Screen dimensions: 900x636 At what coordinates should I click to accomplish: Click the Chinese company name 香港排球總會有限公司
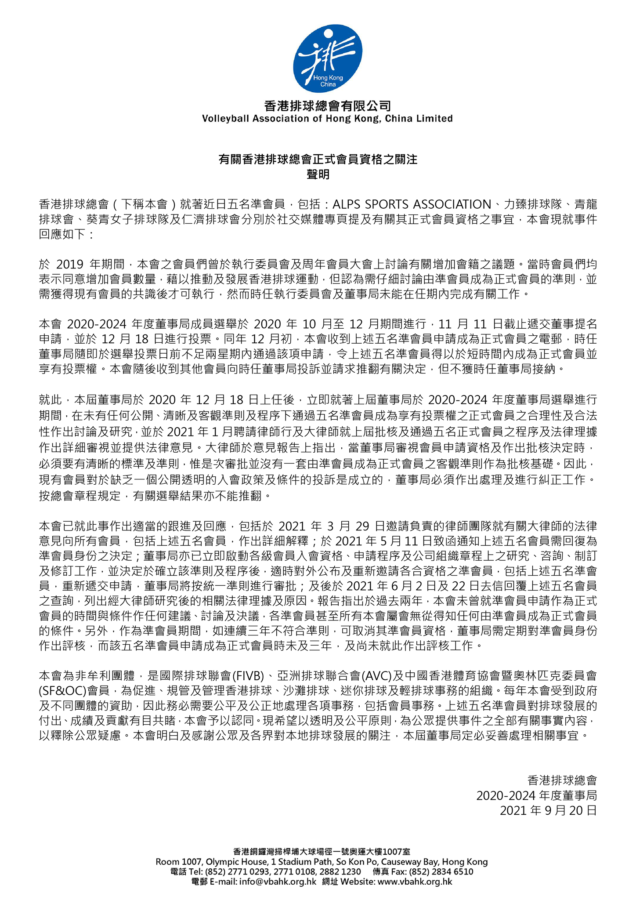(327, 105)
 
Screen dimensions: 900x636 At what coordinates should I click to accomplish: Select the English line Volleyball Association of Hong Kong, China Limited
(327, 119)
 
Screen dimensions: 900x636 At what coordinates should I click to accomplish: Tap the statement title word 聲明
(318, 174)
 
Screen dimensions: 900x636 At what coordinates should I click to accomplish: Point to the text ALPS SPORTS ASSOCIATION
(412, 204)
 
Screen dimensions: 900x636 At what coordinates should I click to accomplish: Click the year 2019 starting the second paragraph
(70, 264)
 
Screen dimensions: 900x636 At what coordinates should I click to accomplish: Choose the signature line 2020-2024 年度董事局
(536, 795)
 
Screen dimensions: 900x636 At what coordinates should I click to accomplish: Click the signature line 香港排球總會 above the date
(562, 780)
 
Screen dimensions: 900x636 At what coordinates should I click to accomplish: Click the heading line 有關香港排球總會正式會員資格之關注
(318, 159)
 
